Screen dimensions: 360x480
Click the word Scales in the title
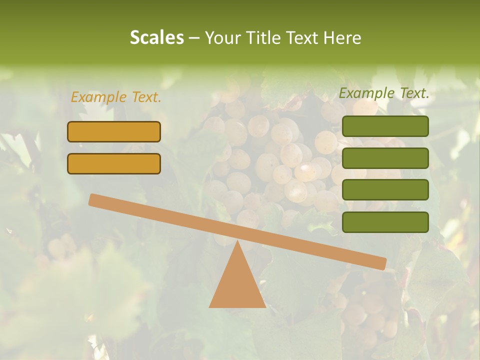point(156,37)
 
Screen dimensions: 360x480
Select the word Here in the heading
point(342,37)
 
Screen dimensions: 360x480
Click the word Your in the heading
point(223,37)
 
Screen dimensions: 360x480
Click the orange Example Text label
point(116,97)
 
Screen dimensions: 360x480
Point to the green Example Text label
point(384,93)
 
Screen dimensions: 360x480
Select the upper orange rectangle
point(114,131)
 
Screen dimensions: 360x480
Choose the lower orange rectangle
point(114,163)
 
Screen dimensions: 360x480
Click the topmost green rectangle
point(385,126)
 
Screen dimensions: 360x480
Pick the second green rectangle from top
point(385,158)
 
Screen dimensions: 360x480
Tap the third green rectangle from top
point(385,190)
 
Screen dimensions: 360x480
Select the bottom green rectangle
point(385,222)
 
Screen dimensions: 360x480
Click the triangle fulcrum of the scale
point(237,285)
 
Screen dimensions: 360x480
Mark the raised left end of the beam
point(93,199)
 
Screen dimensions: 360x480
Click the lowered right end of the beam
point(382,263)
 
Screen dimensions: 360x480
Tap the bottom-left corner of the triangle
point(210,306)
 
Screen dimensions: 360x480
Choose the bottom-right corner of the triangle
point(265,306)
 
